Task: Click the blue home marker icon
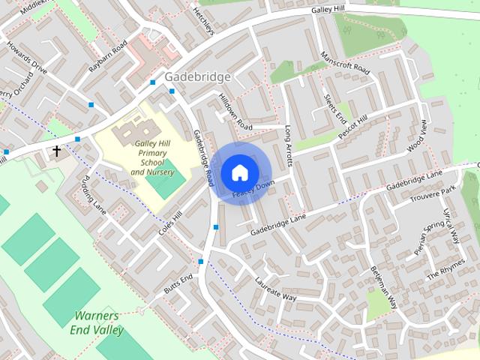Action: tap(239, 172)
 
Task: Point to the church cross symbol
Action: tap(56, 151)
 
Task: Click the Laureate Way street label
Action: tap(275, 291)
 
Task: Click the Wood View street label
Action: tap(417, 137)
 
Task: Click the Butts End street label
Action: tap(178, 284)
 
